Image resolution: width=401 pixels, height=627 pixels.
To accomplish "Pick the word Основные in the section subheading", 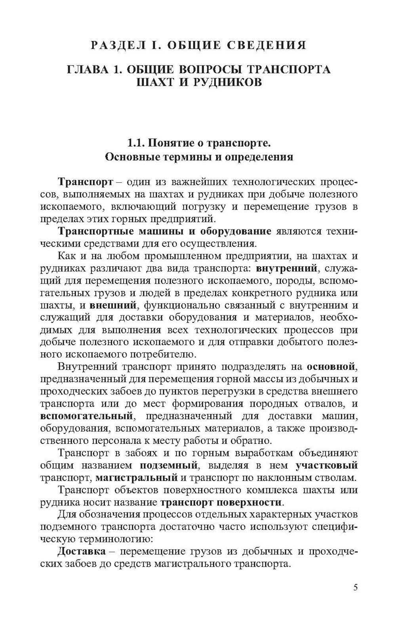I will click(x=131, y=157).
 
